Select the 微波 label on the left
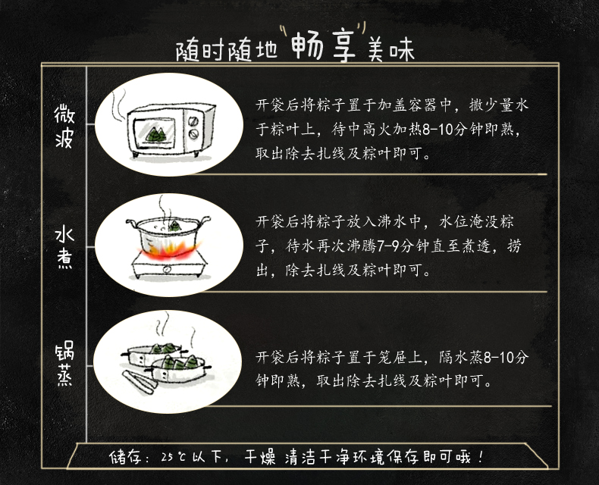64,127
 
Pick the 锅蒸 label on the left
64,365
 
